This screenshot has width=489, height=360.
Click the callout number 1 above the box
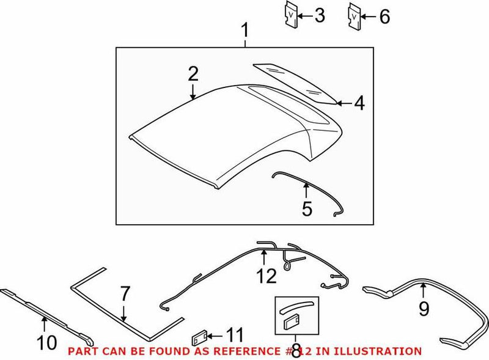pyautogui.click(x=244, y=29)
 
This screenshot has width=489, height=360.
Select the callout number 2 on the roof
pyautogui.click(x=193, y=74)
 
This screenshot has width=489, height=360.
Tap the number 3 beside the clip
pyautogui.click(x=319, y=17)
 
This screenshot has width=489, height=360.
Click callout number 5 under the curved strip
pyautogui.click(x=307, y=209)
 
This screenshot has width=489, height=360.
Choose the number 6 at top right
pyautogui.click(x=384, y=17)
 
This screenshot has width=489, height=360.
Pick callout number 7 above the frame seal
pyautogui.click(x=125, y=294)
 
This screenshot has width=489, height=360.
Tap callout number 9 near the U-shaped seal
pyautogui.click(x=424, y=308)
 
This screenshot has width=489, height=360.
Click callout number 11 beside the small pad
pyautogui.click(x=235, y=335)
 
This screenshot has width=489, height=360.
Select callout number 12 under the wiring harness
pyautogui.click(x=267, y=276)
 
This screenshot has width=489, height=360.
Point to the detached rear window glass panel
pyautogui.click(x=296, y=81)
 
